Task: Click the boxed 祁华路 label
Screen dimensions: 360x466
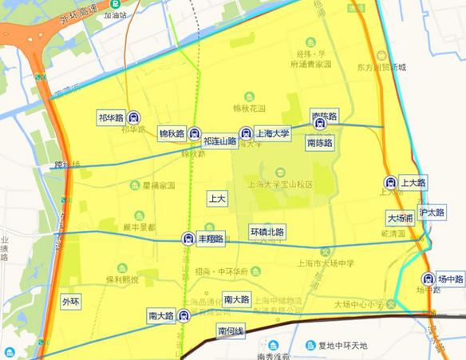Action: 111,117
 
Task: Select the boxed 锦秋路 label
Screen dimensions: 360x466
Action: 171,133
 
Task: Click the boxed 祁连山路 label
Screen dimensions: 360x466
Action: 220,141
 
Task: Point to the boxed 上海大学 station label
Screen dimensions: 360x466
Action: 272,133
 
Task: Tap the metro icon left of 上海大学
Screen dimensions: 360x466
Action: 246,134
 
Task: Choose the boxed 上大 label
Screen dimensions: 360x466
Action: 216,196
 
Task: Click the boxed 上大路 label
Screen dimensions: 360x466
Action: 413,183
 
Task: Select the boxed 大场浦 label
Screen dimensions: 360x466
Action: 400,217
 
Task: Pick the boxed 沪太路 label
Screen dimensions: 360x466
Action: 432,213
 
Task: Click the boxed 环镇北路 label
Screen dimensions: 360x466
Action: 267,231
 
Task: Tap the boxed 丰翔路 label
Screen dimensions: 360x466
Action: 211,238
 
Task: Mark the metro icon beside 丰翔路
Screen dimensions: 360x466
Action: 188,238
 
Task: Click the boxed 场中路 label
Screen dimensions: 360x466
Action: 450,279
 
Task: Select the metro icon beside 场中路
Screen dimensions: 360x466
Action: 427,279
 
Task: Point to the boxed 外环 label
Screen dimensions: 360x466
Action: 71,302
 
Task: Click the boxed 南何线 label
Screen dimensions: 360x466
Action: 230,330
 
